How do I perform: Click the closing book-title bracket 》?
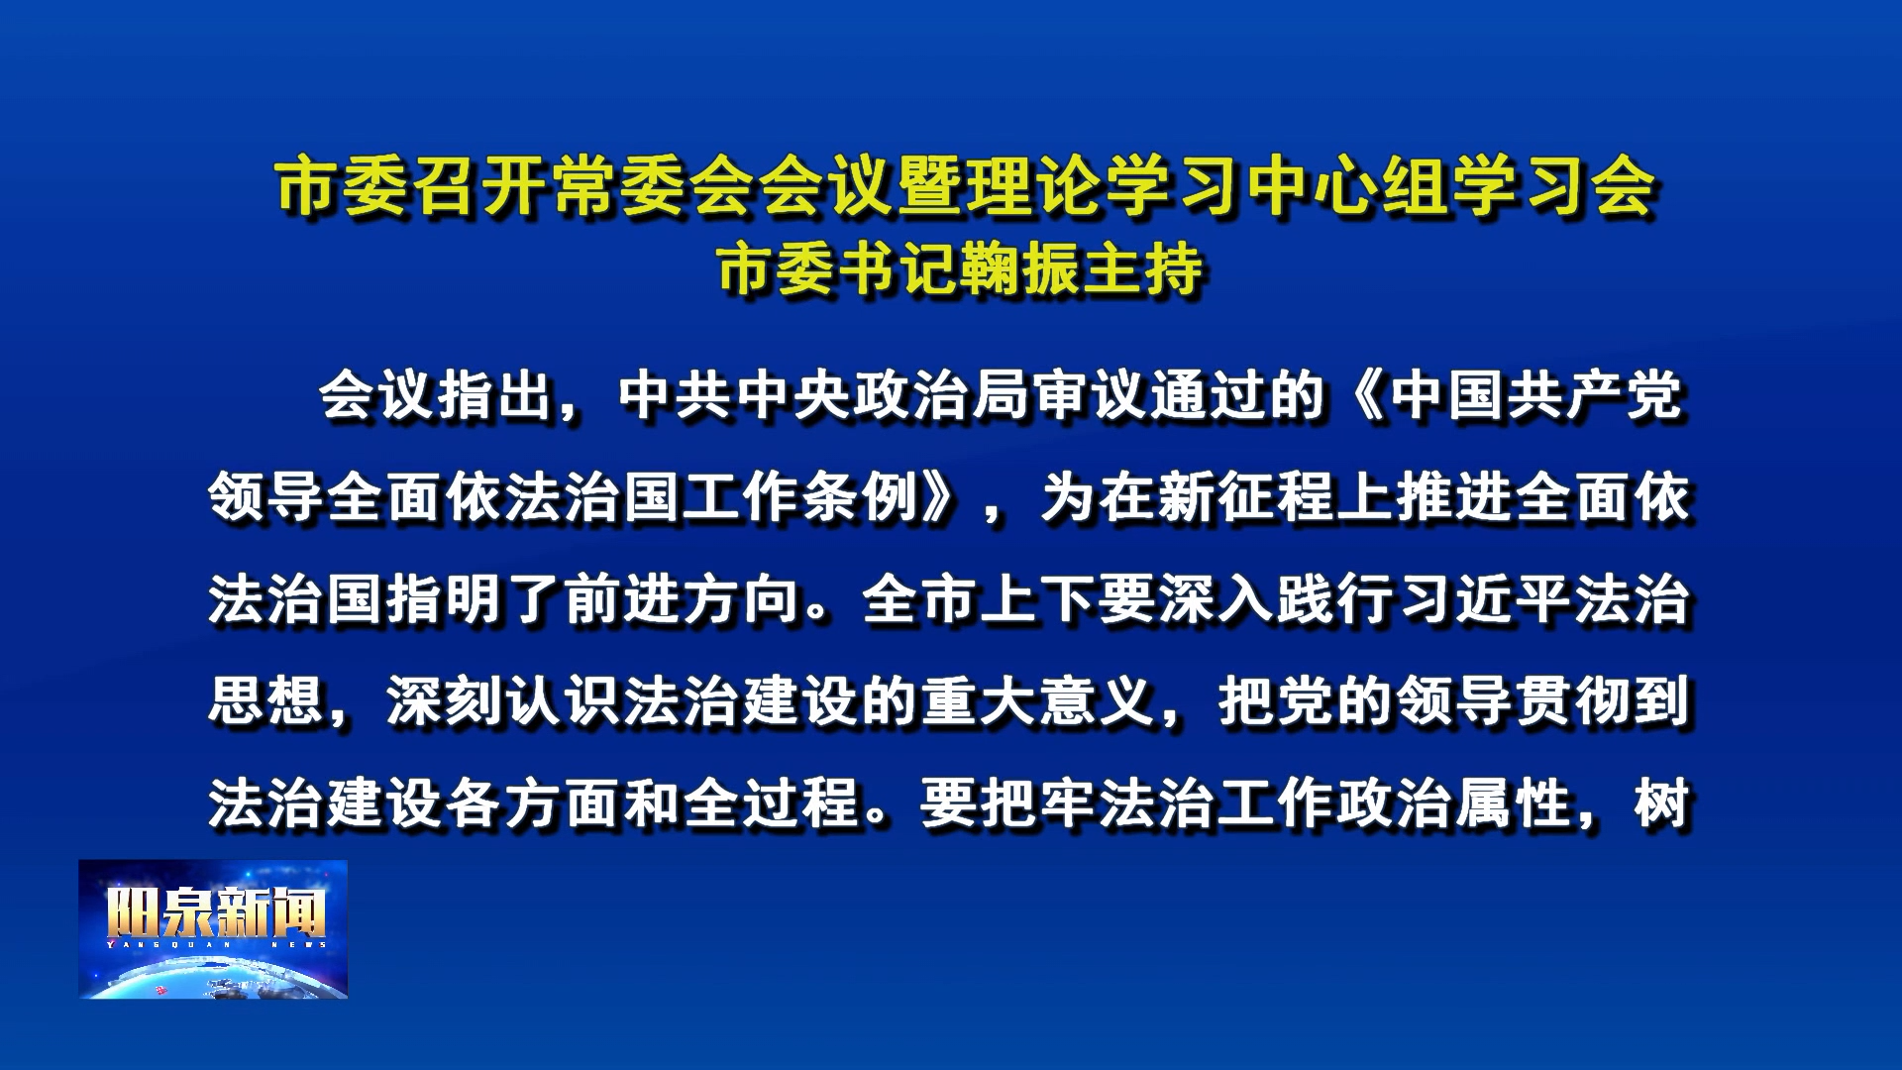click(941, 498)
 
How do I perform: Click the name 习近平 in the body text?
click(1484, 600)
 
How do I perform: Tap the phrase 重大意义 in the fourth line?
click(1038, 701)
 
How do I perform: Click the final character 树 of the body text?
click(1662, 802)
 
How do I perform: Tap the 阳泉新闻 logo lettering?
click(216, 911)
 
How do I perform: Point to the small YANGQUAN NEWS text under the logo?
click(216, 944)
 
